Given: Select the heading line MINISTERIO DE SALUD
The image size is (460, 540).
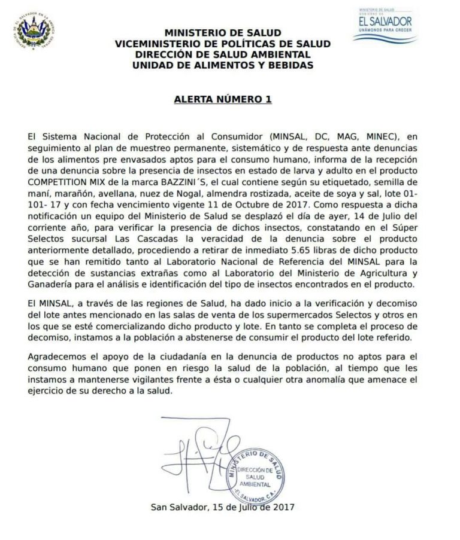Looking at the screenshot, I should [222, 33].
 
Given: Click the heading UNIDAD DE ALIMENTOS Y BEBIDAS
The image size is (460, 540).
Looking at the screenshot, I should [222, 65].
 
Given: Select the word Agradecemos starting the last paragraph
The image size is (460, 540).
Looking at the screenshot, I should [56, 356].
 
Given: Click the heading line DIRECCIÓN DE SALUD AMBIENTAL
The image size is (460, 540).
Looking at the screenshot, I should [222, 54].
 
